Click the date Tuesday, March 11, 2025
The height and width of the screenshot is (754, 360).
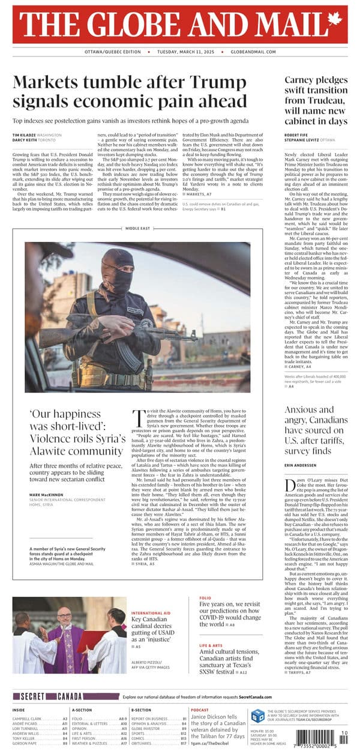pos(180,52)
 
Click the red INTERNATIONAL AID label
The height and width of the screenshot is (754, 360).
pos(152,612)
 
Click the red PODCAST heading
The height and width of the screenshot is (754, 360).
pos(199,709)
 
